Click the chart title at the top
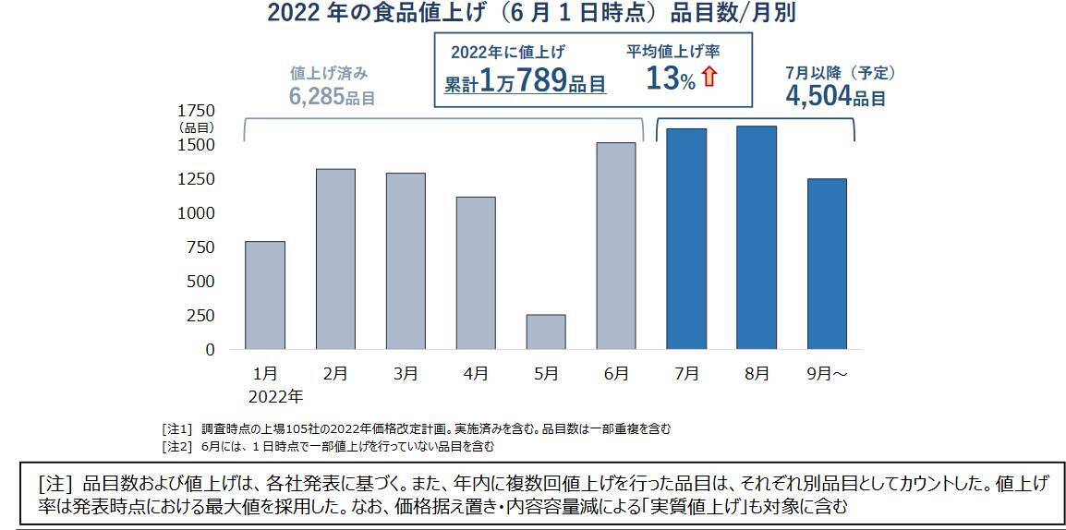[x=531, y=13]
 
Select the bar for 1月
[x=265, y=295]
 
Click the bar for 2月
[x=335, y=259]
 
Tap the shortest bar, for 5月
[x=546, y=331]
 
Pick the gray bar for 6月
[x=616, y=246]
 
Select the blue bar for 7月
[x=686, y=239]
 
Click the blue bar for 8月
[x=757, y=237]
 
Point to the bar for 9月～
[x=827, y=264]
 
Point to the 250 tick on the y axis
[x=200, y=316]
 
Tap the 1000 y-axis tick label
[x=197, y=213]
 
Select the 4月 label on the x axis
[x=476, y=374]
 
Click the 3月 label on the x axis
[x=406, y=374]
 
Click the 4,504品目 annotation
[x=835, y=97]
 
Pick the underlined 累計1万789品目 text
[x=525, y=82]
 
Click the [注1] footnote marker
[x=176, y=429]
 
